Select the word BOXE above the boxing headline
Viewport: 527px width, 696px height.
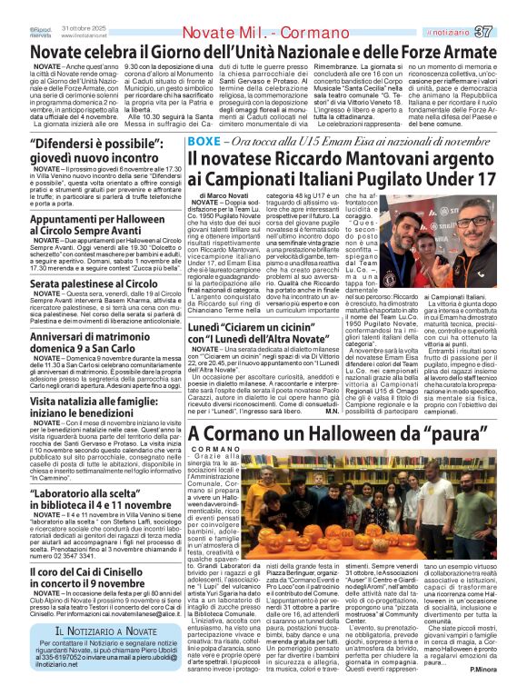pyautogui.click(x=204, y=143)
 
